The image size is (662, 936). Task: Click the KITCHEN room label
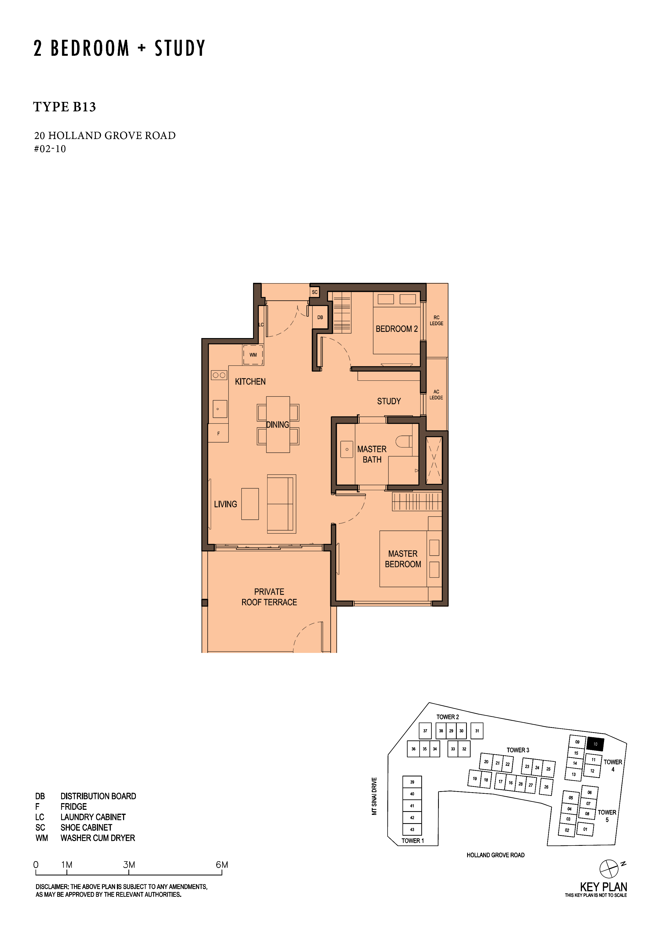coord(250,382)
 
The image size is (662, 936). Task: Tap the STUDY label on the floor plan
coord(389,401)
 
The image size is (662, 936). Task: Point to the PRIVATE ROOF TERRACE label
coord(269,597)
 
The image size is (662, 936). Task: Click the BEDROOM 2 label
coord(396,328)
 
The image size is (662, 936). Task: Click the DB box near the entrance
coord(320,317)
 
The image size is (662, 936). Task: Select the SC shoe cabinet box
coord(314,292)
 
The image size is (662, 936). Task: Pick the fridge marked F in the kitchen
coord(218,433)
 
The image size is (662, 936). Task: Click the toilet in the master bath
coord(403,441)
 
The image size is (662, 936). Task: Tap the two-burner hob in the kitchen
coord(219,375)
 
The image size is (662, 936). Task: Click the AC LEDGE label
coord(436,395)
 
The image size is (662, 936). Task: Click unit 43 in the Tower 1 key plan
coord(412,830)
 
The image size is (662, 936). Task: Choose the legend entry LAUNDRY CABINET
coord(93,817)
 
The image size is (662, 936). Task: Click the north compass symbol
coord(609,869)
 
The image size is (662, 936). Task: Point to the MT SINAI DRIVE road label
coord(375,796)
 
